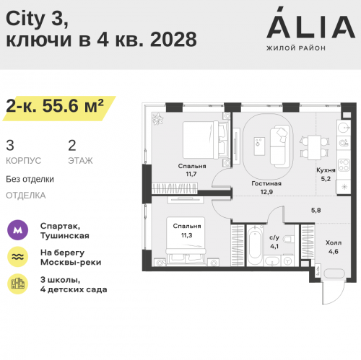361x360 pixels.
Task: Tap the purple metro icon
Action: [x=18, y=230]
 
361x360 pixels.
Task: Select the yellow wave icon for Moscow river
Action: [x=18, y=257]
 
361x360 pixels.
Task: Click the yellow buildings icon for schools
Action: [x=18, y=284]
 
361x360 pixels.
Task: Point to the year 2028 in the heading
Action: [x=173, y=40]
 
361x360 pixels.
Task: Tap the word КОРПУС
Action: [x=23, y=161]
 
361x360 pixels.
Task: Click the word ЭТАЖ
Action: [x=80, y=161]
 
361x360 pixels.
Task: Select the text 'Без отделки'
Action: [x=30, y=179]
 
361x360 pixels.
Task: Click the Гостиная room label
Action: [x=266, y=183]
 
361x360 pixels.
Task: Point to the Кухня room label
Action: [x=326, y=170]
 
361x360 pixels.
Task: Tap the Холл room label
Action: [x=334, y=242]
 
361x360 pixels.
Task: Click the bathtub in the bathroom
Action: [x=255, y=245]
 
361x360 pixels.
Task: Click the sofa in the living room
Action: [x=279, y=146]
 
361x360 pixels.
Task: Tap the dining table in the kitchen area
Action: [x=315, y=147]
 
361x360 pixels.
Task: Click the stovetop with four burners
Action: [x=344, y=165]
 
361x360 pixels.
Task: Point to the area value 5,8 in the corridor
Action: [x=316, y=210]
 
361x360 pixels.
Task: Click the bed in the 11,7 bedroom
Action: [x=205, y=140]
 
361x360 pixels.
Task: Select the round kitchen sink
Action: [x=344, y=128]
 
